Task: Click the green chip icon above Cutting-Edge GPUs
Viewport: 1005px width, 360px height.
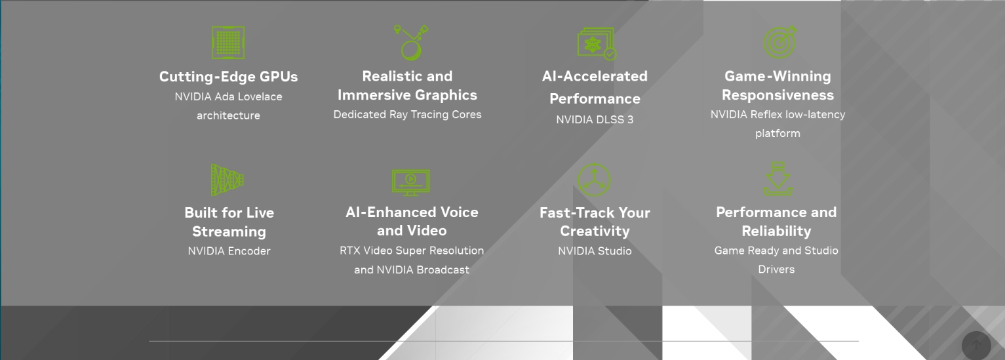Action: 228,43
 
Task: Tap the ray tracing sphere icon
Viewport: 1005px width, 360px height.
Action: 412,43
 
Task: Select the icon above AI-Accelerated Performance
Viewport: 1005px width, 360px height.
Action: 597,43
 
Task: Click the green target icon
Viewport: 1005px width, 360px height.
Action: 780,42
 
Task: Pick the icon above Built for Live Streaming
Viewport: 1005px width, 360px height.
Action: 227,180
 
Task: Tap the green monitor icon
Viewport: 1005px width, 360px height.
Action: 410,182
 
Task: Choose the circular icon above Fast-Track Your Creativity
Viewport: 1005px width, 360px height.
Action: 595,180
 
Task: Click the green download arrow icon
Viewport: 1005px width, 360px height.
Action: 778,178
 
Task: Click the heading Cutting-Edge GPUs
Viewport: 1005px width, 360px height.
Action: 228,77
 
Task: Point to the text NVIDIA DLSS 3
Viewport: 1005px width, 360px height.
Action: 595,120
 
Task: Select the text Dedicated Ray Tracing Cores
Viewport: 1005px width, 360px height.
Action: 407,115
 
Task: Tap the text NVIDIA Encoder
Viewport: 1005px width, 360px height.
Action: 229,251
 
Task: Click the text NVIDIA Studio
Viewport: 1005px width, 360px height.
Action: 595,251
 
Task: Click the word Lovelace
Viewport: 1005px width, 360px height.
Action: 261,96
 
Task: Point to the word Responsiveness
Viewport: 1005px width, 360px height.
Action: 778,95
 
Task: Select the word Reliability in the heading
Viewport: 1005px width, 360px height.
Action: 776,231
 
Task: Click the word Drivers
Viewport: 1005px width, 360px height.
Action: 776,270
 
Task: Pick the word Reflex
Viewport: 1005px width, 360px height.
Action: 766,115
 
